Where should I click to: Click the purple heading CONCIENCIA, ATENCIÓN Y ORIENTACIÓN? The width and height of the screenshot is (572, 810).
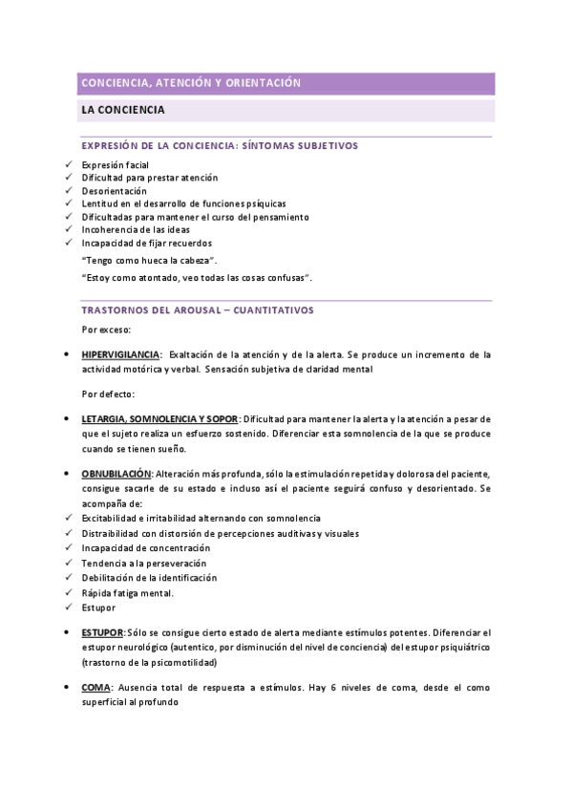coord(191,84)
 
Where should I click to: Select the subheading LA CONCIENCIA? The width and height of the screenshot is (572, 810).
coord(123,111)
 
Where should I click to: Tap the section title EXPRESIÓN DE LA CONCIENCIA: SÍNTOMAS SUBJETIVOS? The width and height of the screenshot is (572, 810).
coord(220,146)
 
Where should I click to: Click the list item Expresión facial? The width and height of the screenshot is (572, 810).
coord(115,165)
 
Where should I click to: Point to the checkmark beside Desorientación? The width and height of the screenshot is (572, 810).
coord(68,191)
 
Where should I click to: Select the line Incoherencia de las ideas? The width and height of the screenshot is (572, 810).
coord(135,229)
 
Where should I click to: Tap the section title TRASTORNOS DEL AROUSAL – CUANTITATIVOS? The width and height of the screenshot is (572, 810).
coord(198,310)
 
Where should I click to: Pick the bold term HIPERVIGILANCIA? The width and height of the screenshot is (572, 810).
coord(120,354)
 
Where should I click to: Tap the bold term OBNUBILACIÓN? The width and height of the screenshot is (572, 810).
coord(117,474)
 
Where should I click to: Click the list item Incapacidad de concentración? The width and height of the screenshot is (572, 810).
coord(145,548)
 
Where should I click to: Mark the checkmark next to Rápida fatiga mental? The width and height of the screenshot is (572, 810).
coord(68,592)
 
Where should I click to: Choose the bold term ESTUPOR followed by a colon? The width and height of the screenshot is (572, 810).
coord(103,633)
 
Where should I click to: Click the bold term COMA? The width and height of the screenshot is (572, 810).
coord(96,687)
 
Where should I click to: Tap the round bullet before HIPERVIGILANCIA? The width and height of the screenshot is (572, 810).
coord(64,354)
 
